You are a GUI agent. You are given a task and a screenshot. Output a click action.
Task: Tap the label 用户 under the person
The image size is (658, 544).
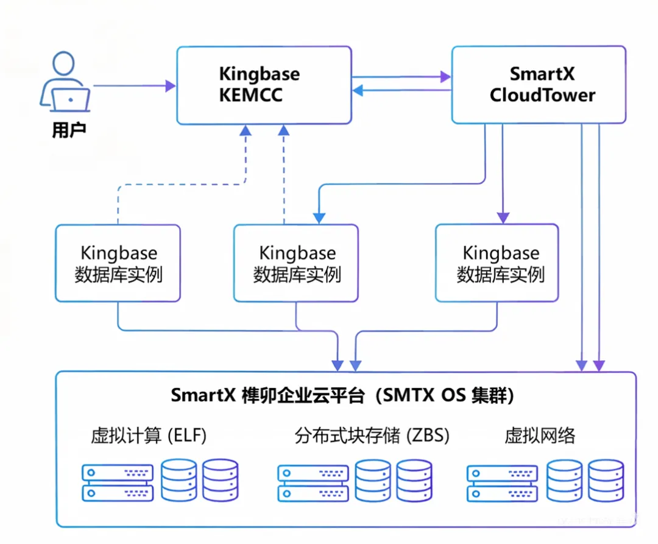[68, 130]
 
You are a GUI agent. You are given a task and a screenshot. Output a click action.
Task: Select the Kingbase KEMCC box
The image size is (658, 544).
[264, 85]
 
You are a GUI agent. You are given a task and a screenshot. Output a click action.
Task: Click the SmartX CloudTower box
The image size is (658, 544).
[539, 85]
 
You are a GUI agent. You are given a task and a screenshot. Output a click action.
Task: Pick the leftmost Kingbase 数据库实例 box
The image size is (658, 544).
[118, 263]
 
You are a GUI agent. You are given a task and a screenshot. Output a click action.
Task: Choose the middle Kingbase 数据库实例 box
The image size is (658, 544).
[296, 263]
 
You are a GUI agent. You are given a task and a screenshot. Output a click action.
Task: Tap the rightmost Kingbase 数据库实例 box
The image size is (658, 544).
[497, 263]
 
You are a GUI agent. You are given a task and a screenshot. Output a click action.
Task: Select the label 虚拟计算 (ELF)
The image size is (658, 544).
[149, 436]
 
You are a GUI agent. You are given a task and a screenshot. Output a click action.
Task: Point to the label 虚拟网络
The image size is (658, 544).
[540, 436]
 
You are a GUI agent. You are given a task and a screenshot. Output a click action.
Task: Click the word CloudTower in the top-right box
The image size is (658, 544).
[542, 96]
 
